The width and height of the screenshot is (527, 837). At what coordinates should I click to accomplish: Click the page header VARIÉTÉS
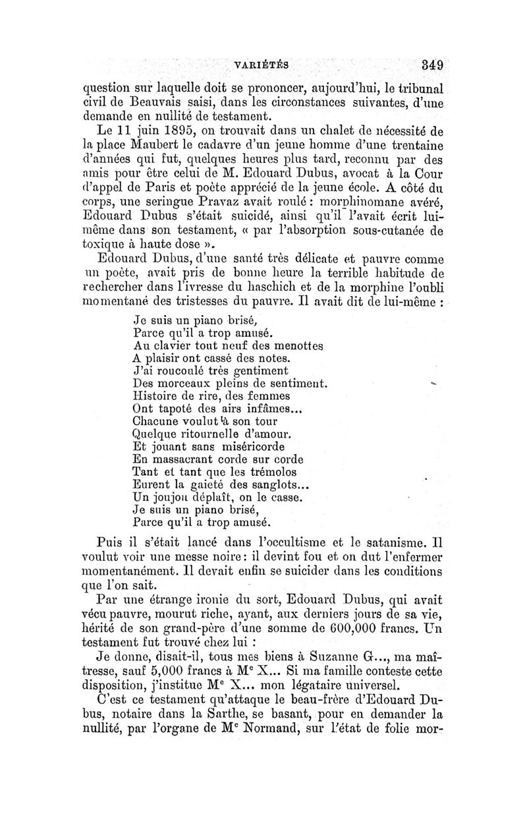click(x=262, y=65)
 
